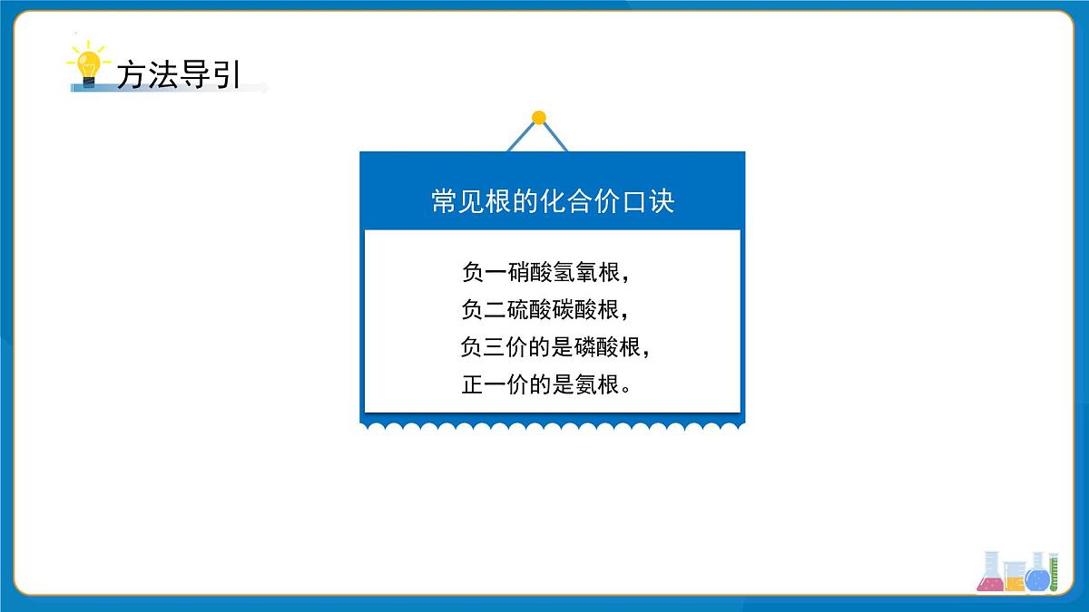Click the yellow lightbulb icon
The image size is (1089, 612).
(x=88, y=66)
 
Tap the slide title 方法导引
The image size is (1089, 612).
(x=178, y=74)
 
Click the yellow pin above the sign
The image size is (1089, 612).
(x=539, y=117)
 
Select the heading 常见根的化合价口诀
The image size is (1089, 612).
(x=553, y=200)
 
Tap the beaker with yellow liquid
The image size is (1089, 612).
(x=1015, y=578)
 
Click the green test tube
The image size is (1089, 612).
(x=1055, y=571)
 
